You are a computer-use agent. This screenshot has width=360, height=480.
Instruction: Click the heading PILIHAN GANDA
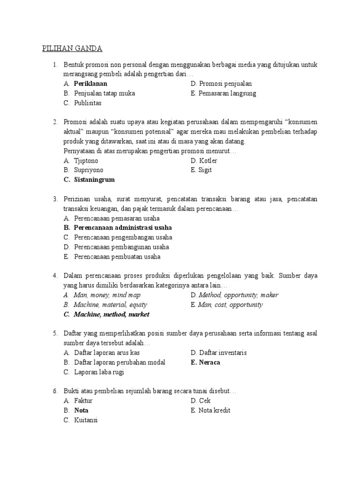click(72, 49)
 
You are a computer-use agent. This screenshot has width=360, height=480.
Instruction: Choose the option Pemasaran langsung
click(227, 93)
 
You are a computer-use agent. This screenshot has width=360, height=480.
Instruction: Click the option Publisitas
click(88, 103)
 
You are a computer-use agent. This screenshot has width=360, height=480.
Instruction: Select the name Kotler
click(208, 161)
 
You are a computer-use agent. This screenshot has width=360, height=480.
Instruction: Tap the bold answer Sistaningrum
click(94, 180)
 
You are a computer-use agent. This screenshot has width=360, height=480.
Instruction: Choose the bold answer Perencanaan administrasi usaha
click(123, 228)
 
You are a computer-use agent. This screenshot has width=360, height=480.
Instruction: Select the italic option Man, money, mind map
click(107, 295)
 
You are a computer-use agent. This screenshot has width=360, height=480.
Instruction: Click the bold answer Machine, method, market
click(112, 315)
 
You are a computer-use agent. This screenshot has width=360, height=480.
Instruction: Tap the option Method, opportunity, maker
click(238, 295)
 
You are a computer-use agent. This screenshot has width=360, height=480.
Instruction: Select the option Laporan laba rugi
click(99, 372)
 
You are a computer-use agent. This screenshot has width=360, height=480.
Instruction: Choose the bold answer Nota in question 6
click(81, 411)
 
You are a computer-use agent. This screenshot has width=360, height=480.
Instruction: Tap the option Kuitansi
click(86, 420)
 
